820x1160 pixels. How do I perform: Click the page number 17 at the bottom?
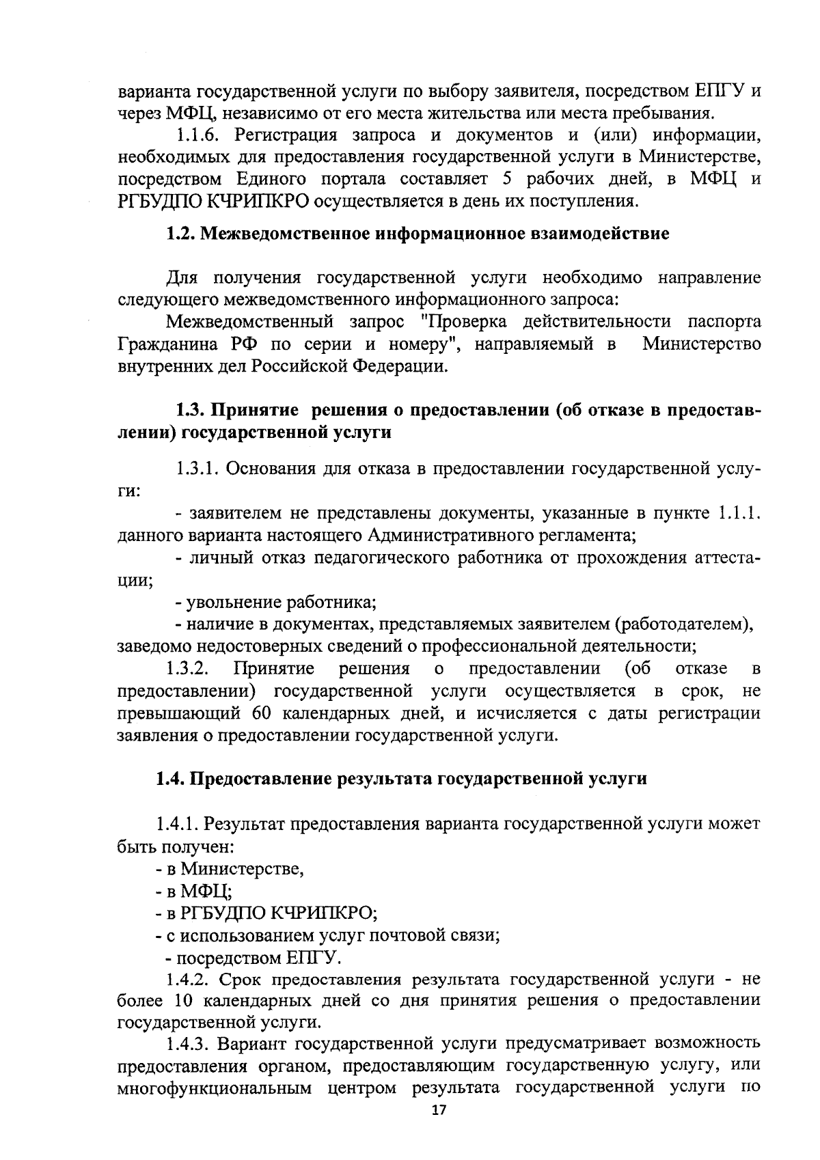tap(439, 1111)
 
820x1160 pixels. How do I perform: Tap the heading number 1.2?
tap(180, 234)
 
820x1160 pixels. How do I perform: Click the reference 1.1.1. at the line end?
tap(739, 513)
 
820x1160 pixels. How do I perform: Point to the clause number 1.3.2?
tap(187, 668)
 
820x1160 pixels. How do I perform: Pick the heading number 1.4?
tap(171, 779)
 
